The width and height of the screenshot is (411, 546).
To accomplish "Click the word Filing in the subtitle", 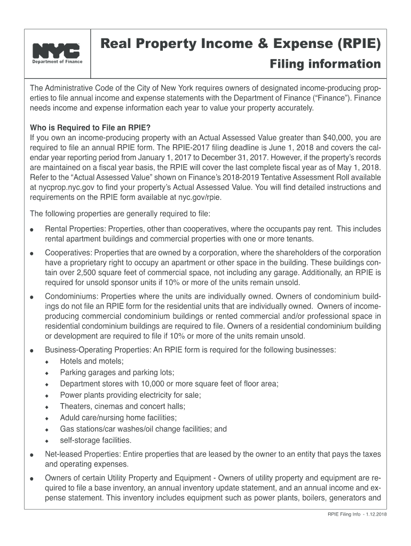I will pyautogui.click(x=287, y=65).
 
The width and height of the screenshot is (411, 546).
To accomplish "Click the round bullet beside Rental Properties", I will pyautogui.click(x=33, y=230).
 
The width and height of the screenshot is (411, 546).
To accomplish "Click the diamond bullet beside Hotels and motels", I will pyautogui.click(x=48, y=362).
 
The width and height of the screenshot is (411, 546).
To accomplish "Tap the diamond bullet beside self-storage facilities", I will pyautogui.click(x=48, y=441).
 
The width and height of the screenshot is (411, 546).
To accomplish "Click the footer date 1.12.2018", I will pyautogui.click(x=376, y=515).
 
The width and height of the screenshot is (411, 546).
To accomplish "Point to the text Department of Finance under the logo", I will pyautogui.click(x=56, y=61).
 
